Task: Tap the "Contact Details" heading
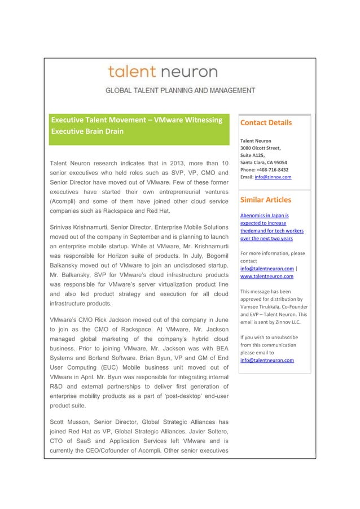266,123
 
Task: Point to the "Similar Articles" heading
266,200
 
